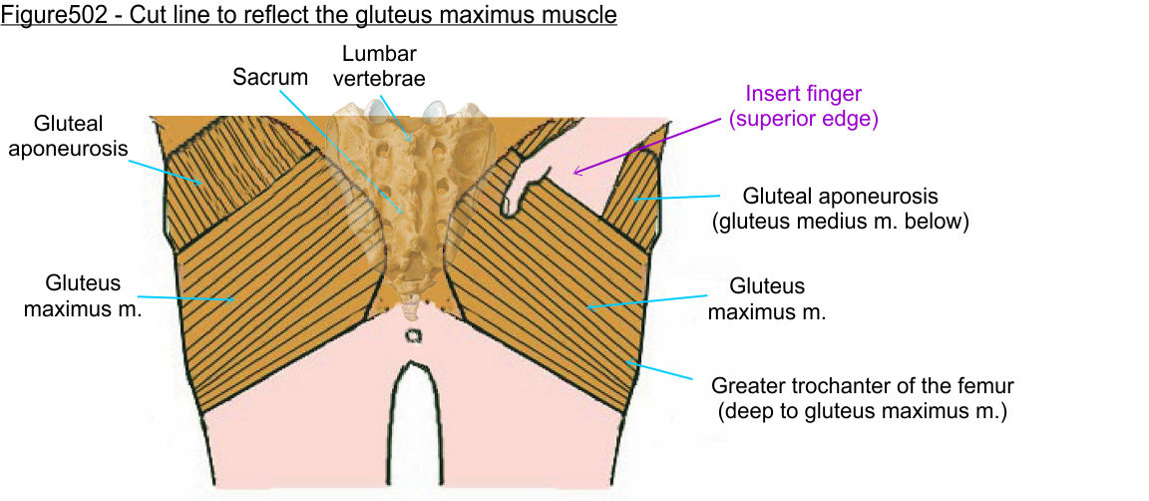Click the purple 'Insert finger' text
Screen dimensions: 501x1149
[803, 95]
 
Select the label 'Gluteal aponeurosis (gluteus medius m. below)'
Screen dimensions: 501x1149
[840, 209]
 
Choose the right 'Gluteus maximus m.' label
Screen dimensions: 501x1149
[766, 298]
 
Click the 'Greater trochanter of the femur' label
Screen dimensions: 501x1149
[862, 396]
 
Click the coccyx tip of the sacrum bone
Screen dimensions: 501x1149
[410, 299]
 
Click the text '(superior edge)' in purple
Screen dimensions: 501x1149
[803, 119]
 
